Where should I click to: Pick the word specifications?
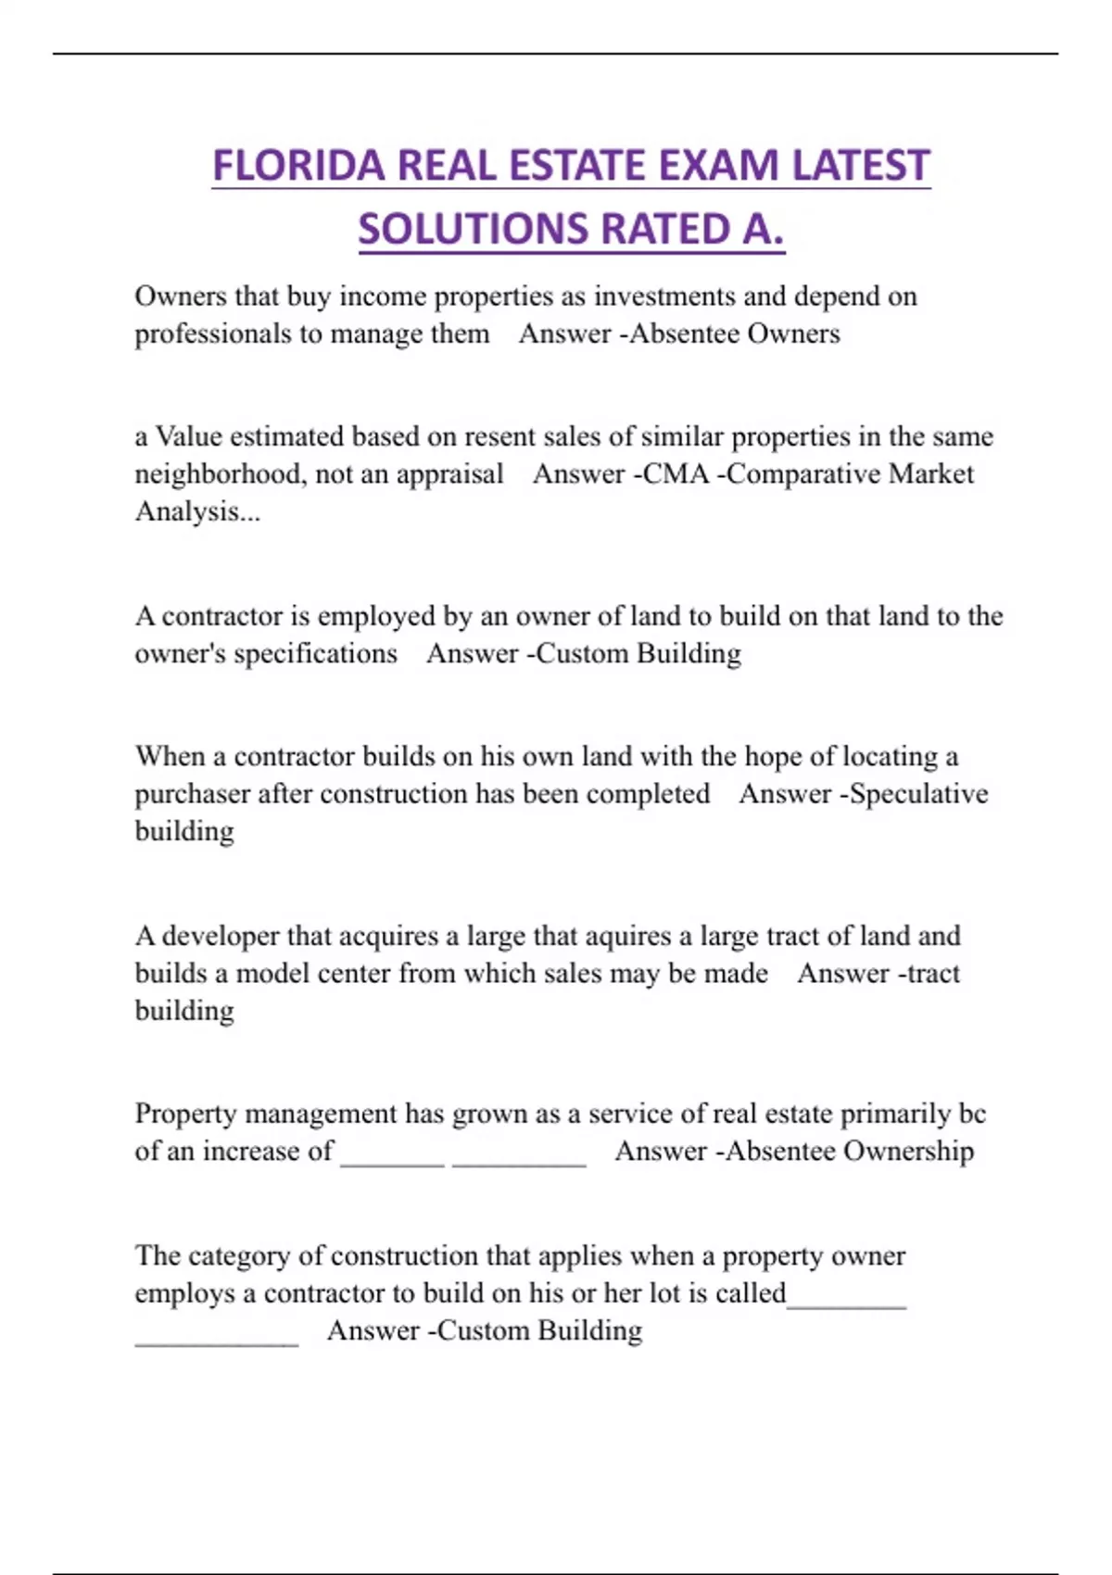[x=315, y=654]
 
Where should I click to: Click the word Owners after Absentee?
[x=793, y=334]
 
